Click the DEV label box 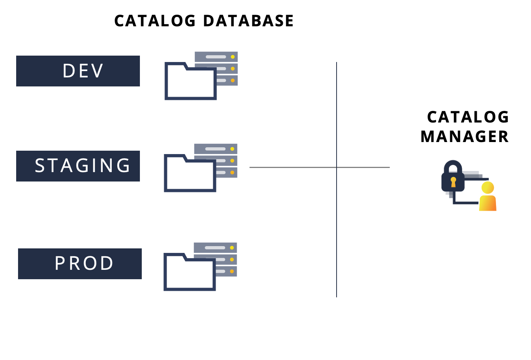pyautogui.click(x=78, y=71)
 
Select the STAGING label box pyautogui.click(x=78, y=166)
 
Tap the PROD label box pyautogui.click(x=80, y=264)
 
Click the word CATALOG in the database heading pyautogui.click(x=155, y=21)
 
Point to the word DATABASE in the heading pyautogui.click(x=248, y=21)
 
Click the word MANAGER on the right pyautogui.click(x=464, y=137)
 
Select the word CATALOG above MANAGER pyautogui.click(x=468, y=117)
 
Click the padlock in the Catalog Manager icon pyautogui.click(x=453, y=177)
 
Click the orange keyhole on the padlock pyautogui.click(x=453, y=182)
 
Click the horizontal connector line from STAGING pyautogui.click(x=293, y=167)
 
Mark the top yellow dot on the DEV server pyautogui.click(x=233, y=57)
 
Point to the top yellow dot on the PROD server pyautogui.click(x=232, y=248)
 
